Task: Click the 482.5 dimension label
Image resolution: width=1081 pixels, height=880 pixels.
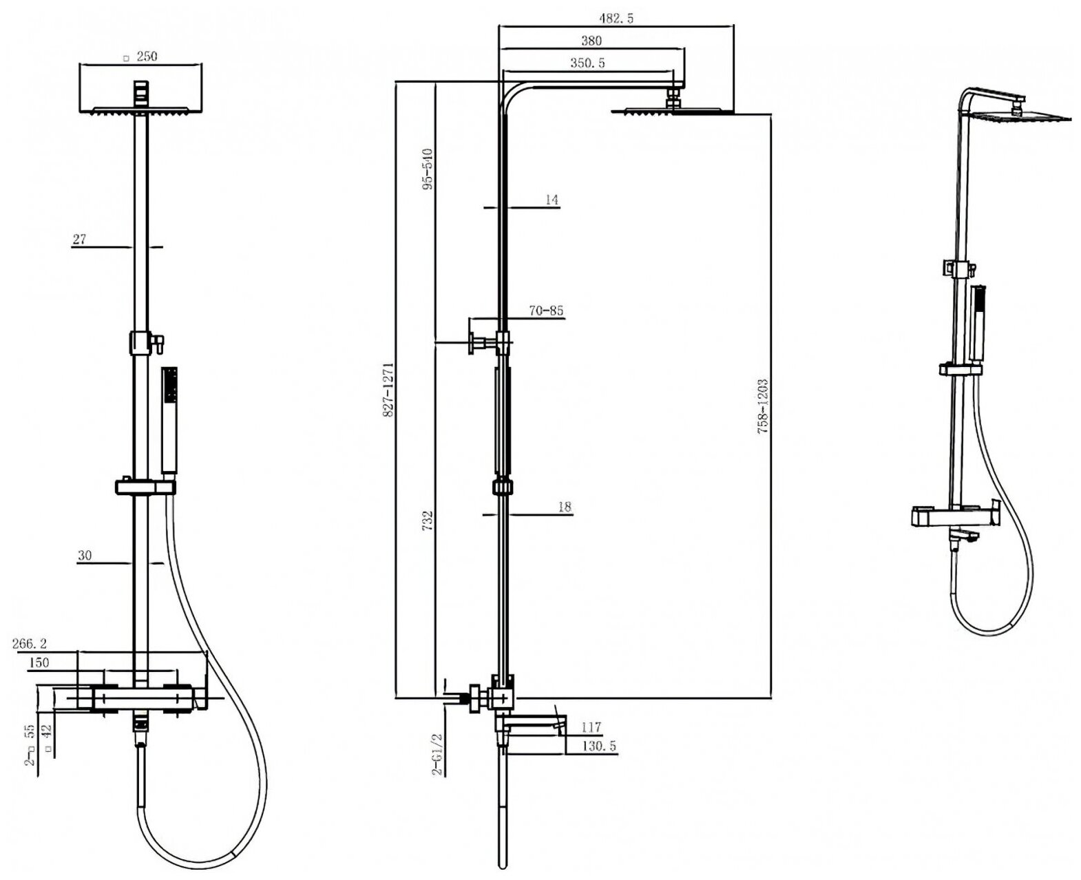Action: tap(617, 19)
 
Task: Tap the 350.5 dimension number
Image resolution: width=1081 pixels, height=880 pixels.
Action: tap(587, 63)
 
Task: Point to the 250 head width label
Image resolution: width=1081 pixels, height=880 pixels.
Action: tap(145, 56)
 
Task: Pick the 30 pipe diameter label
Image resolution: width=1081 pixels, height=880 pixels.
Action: tap(84, 556)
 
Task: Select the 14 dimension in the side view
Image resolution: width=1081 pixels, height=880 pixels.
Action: tap(551, 200)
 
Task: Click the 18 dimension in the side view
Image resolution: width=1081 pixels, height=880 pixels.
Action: tap(565, 507)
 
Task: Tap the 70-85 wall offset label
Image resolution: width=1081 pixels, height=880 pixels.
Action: tap(546, 311)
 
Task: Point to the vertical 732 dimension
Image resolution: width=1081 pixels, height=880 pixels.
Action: tap(428, 520)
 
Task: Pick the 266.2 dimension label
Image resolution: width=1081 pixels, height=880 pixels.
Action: tap(30, 644)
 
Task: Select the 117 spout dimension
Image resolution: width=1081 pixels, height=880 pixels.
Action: tap(591, 727)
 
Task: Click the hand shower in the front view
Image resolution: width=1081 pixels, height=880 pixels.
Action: tap(169, 420)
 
